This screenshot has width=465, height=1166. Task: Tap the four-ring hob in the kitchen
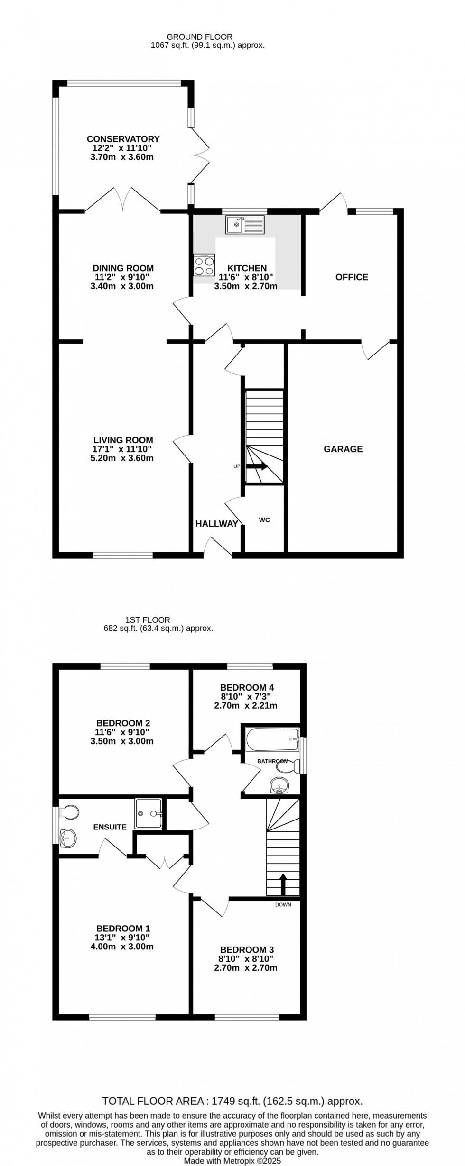pos(204,265)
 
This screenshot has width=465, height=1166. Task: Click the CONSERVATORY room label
pos(123,139)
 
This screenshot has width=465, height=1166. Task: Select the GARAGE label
pos(343,449)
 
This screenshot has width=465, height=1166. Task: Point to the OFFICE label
pos(352,277)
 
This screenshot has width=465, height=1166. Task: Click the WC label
pos(264,520)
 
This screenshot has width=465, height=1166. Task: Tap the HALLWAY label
pos(217,524)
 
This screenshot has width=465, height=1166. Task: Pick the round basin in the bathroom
pos(280,787)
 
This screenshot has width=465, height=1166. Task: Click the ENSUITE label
pos(110,827)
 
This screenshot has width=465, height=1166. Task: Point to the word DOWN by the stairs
pos(283,904)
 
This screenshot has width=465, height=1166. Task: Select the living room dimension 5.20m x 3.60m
pos(123,458)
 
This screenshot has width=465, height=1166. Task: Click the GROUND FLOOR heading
pos(199,36)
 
